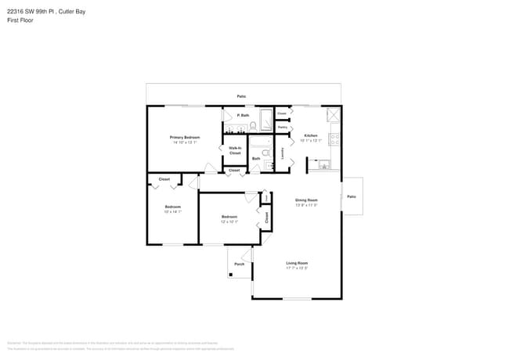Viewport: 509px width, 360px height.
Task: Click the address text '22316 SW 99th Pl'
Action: pos(28,11)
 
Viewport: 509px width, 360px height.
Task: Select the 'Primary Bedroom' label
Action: pos(184,138)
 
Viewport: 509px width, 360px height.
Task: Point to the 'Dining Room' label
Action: pos(305,200)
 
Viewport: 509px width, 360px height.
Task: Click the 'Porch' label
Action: pos(239,264)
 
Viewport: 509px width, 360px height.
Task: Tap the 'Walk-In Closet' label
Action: pos(235,150)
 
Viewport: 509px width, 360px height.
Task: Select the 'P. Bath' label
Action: pos(243,116)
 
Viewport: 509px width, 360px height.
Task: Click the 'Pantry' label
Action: pos(282,127)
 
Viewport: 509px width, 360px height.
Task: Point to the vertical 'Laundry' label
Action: pos(283,154)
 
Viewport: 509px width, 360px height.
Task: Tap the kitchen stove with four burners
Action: pos(334,139)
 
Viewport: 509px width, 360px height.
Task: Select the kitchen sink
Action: pos(321,165)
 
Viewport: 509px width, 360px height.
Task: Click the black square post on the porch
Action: pos(230,275)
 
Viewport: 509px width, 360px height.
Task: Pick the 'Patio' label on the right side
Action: pos(351,196)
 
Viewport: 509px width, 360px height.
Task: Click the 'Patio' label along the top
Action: pos(243,96)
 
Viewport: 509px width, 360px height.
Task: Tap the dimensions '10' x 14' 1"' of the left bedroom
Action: pos(172,212)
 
